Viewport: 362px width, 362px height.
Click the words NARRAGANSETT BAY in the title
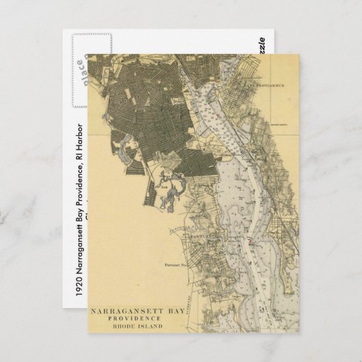tap(139, 309)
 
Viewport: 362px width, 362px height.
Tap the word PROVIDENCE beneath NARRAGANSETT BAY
tap(139, 318)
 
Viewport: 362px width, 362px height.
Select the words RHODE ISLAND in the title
tap(139, 326)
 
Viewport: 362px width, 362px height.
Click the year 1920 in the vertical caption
tap(80, 288)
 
